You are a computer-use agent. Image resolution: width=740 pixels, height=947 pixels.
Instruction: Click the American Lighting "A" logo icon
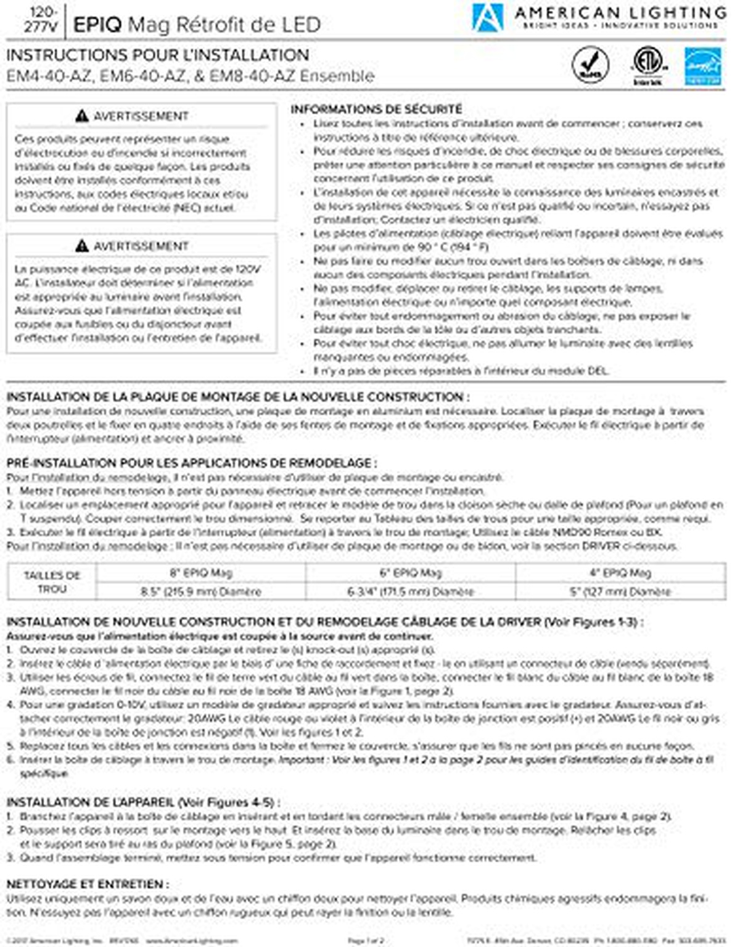coord(487,17)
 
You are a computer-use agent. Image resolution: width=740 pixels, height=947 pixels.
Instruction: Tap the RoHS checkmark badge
coord(590,64)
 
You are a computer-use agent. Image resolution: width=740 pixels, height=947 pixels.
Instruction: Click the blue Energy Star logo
coord(703,66)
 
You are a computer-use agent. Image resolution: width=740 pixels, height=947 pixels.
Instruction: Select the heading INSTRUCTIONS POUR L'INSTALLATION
coord(157,55)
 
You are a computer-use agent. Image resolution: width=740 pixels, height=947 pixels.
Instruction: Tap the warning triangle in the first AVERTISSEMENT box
coord(82,116)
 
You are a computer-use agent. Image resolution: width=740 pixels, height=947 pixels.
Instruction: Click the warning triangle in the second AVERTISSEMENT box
coord(82,246)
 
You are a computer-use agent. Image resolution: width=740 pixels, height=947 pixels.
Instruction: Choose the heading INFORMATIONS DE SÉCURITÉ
coord(376,109)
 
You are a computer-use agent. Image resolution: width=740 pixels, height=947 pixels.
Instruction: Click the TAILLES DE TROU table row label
coord(52,582)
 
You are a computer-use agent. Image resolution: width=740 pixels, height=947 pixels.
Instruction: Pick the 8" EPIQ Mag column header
coord(201,572)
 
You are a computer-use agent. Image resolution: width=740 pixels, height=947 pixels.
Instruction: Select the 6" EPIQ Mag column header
coord(411,572)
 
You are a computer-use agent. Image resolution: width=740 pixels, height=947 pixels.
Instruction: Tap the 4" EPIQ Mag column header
coord(620,572)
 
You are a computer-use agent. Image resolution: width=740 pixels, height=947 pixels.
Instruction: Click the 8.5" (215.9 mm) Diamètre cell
coord(201,591)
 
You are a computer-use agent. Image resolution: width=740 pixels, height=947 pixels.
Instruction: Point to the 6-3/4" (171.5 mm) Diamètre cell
coord(411,591)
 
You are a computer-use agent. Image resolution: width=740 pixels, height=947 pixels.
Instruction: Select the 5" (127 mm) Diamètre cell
coord(620,591)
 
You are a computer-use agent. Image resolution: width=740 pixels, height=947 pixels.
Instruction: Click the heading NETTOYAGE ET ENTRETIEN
coord(88,884)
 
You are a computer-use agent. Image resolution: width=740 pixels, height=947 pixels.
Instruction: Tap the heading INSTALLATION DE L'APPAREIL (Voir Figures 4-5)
coord(143,802)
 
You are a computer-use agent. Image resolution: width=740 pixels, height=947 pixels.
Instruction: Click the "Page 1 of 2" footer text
coord(366,941)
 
